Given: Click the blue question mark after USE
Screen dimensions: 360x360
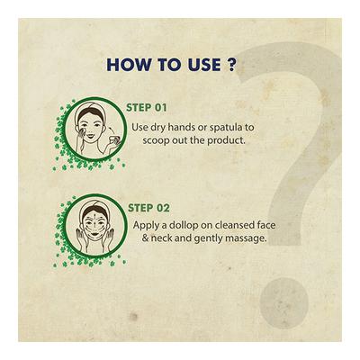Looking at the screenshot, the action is [231, 65].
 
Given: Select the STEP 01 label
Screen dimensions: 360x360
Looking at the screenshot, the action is [147, 108].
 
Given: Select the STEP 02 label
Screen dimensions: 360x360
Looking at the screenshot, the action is [148, 208].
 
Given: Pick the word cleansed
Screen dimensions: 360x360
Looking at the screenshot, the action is [236, 225].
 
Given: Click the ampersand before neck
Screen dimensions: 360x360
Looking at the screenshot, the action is [145, 238].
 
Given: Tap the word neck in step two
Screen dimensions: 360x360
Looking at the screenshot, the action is [162, 238].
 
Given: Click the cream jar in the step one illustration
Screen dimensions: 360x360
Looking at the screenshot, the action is [115, 140].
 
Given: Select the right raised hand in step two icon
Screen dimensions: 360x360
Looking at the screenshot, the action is [112, 236].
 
